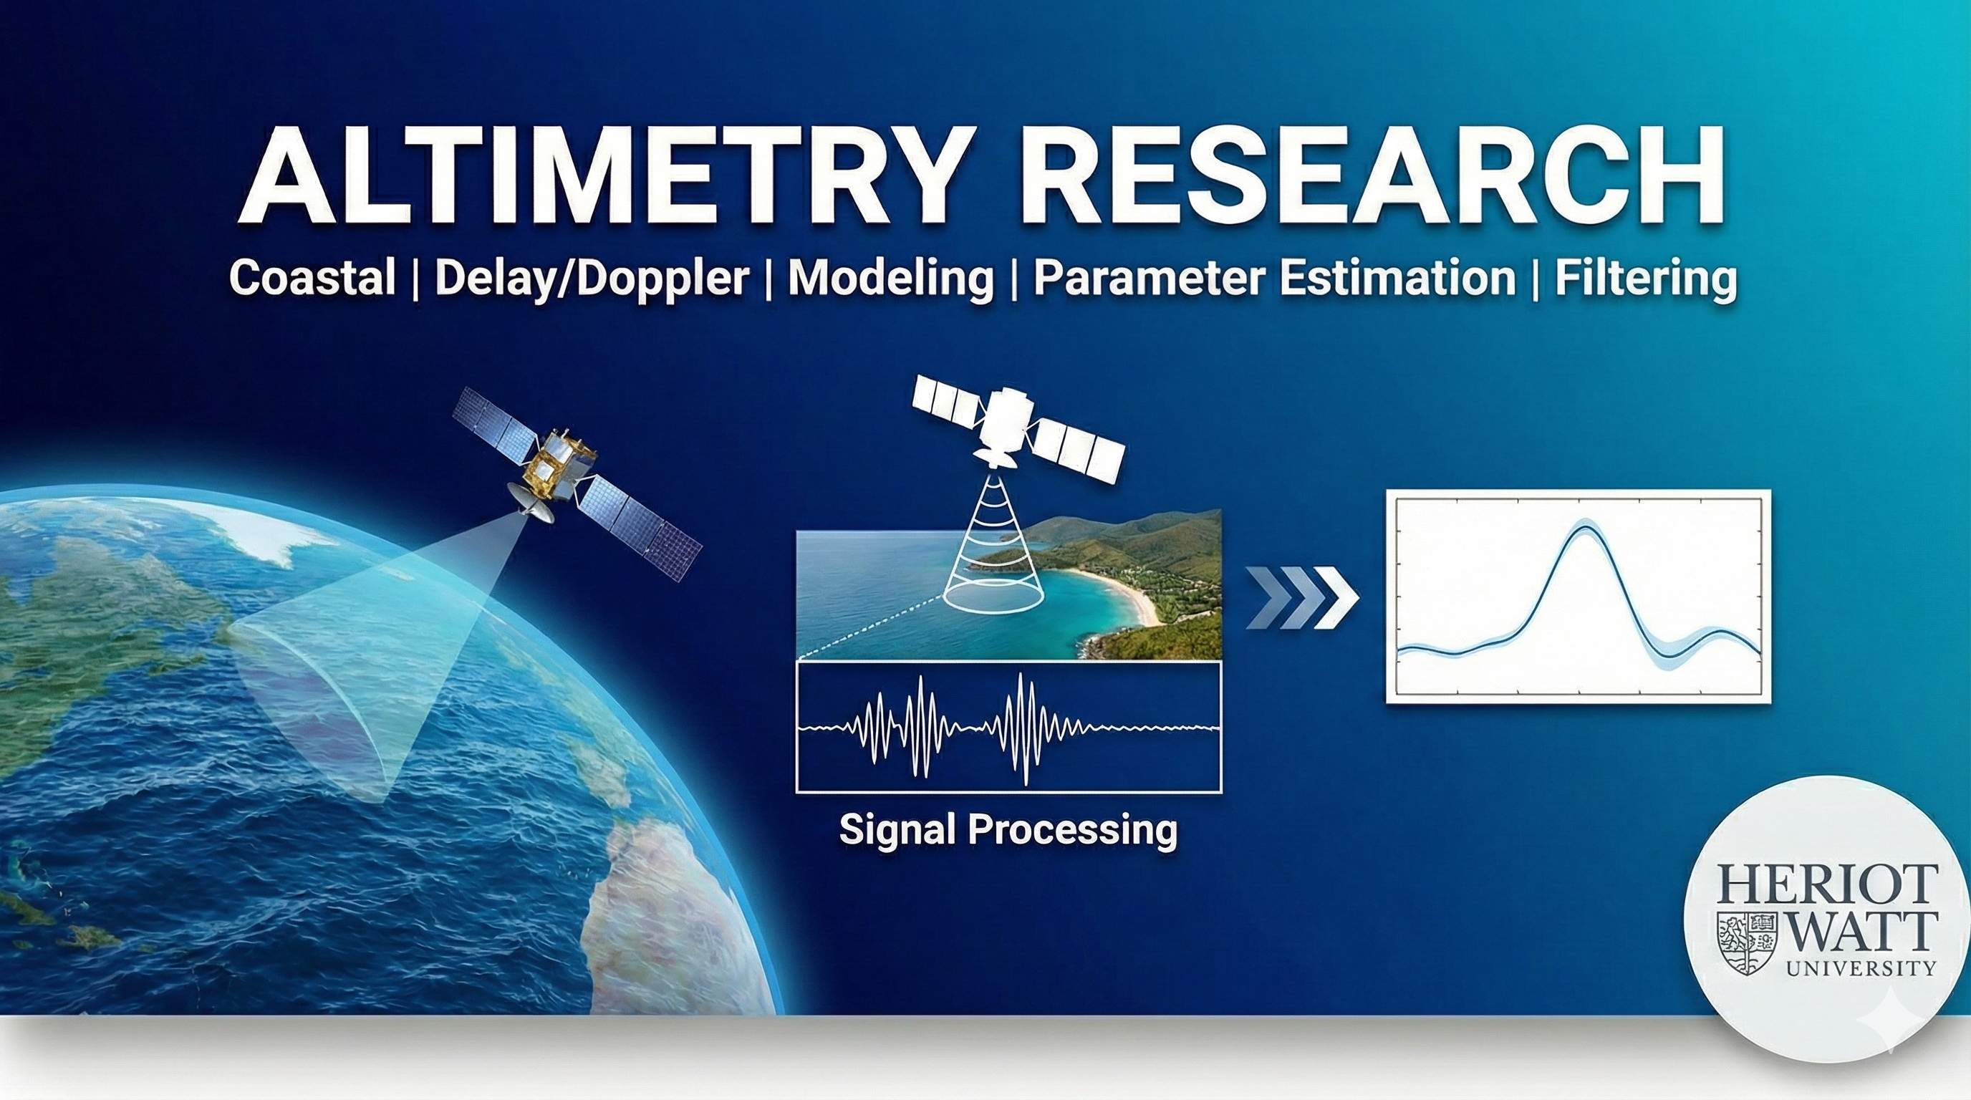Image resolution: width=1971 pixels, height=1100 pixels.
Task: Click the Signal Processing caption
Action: click(1008, 829)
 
